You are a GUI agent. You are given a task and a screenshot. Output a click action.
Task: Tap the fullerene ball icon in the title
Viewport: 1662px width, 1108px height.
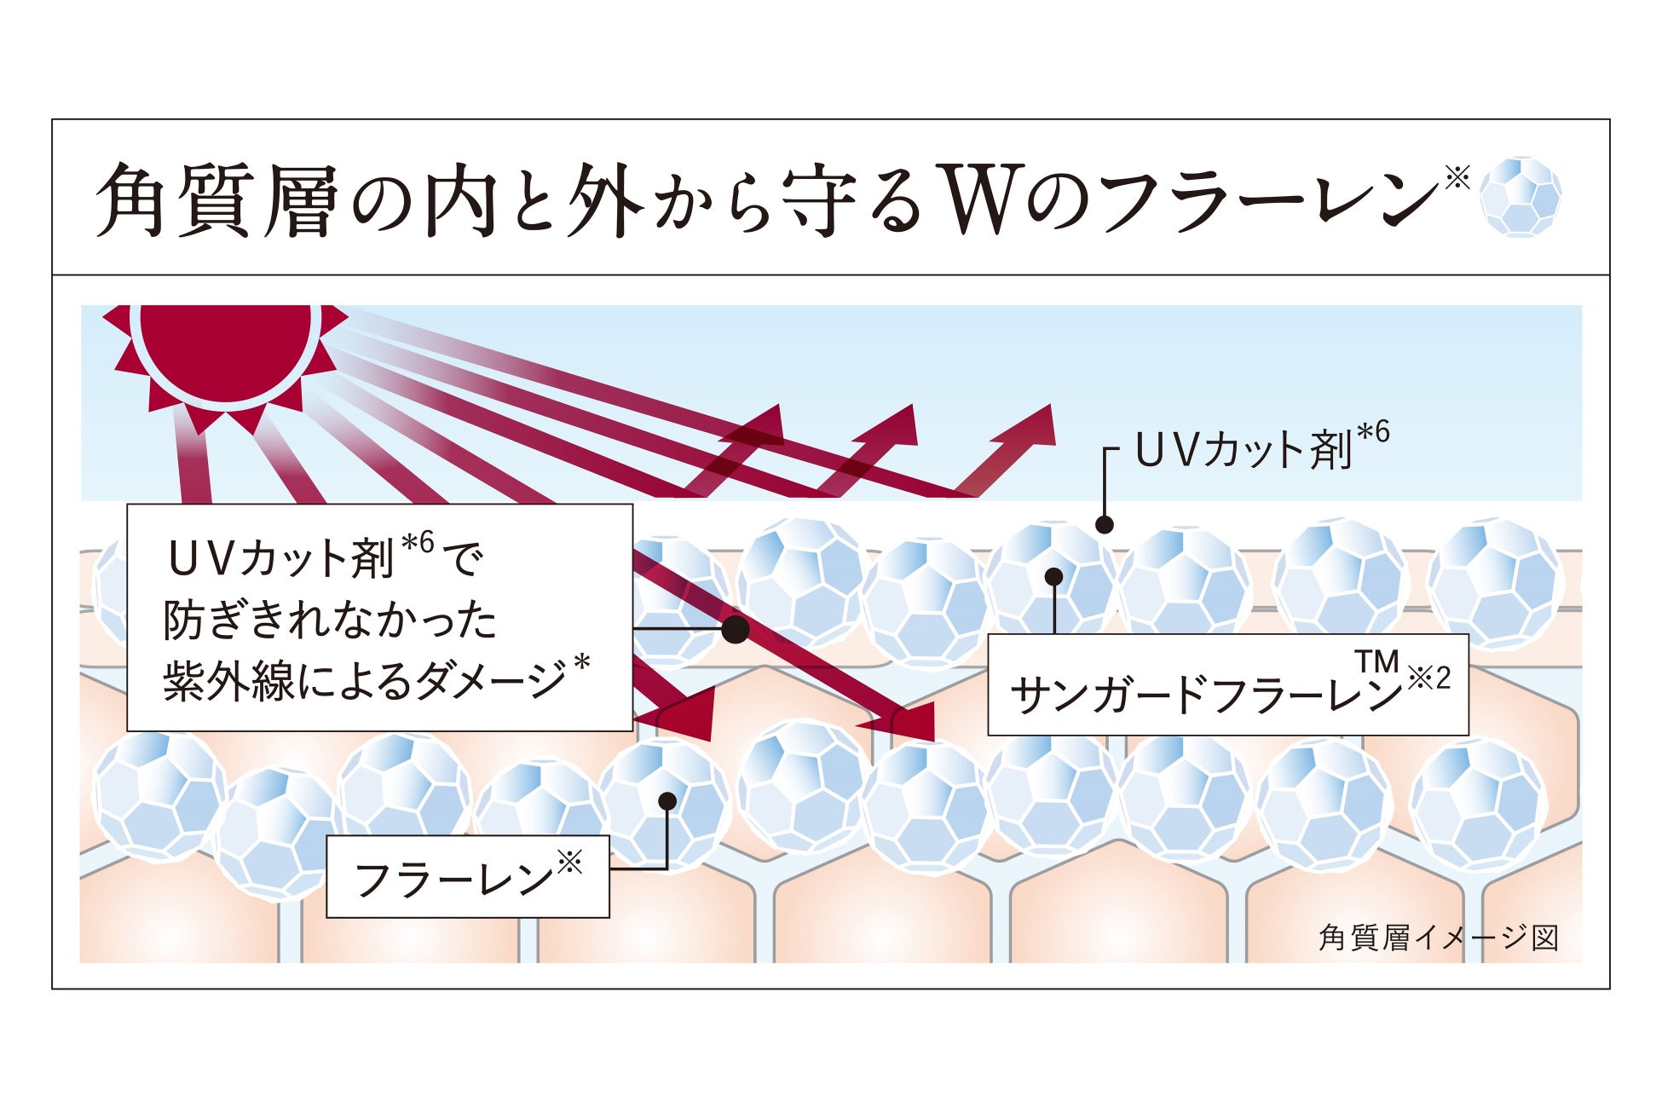pos(1521,197)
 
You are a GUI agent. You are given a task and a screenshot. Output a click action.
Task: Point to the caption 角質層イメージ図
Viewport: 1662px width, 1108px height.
pos(1439,938)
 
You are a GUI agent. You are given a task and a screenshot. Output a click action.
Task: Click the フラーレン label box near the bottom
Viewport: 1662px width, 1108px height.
pos(467,877)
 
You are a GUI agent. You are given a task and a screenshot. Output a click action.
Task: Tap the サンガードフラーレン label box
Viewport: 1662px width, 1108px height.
pos(1227,686)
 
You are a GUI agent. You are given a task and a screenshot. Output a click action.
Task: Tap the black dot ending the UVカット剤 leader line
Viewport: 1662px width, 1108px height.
pos(1105,525)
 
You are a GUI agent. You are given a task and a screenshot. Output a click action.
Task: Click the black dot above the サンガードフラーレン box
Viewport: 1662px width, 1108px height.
pos(1053,577)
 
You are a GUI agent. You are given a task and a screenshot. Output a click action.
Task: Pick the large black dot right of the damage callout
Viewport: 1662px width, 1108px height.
pos(736,630)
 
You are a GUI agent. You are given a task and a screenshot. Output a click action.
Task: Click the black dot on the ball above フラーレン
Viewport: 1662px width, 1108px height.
pos(667,801)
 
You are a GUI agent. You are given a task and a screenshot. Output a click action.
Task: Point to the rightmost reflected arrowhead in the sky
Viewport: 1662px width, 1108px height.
pos(1034,426)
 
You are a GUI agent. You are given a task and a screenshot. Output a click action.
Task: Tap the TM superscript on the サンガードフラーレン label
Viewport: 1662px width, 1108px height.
pos(1376,661)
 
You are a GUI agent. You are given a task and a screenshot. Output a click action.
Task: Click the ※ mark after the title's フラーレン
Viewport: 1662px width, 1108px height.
pos(1458,177)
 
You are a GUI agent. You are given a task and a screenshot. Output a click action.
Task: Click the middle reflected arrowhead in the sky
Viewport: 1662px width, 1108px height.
pos(896,425)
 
